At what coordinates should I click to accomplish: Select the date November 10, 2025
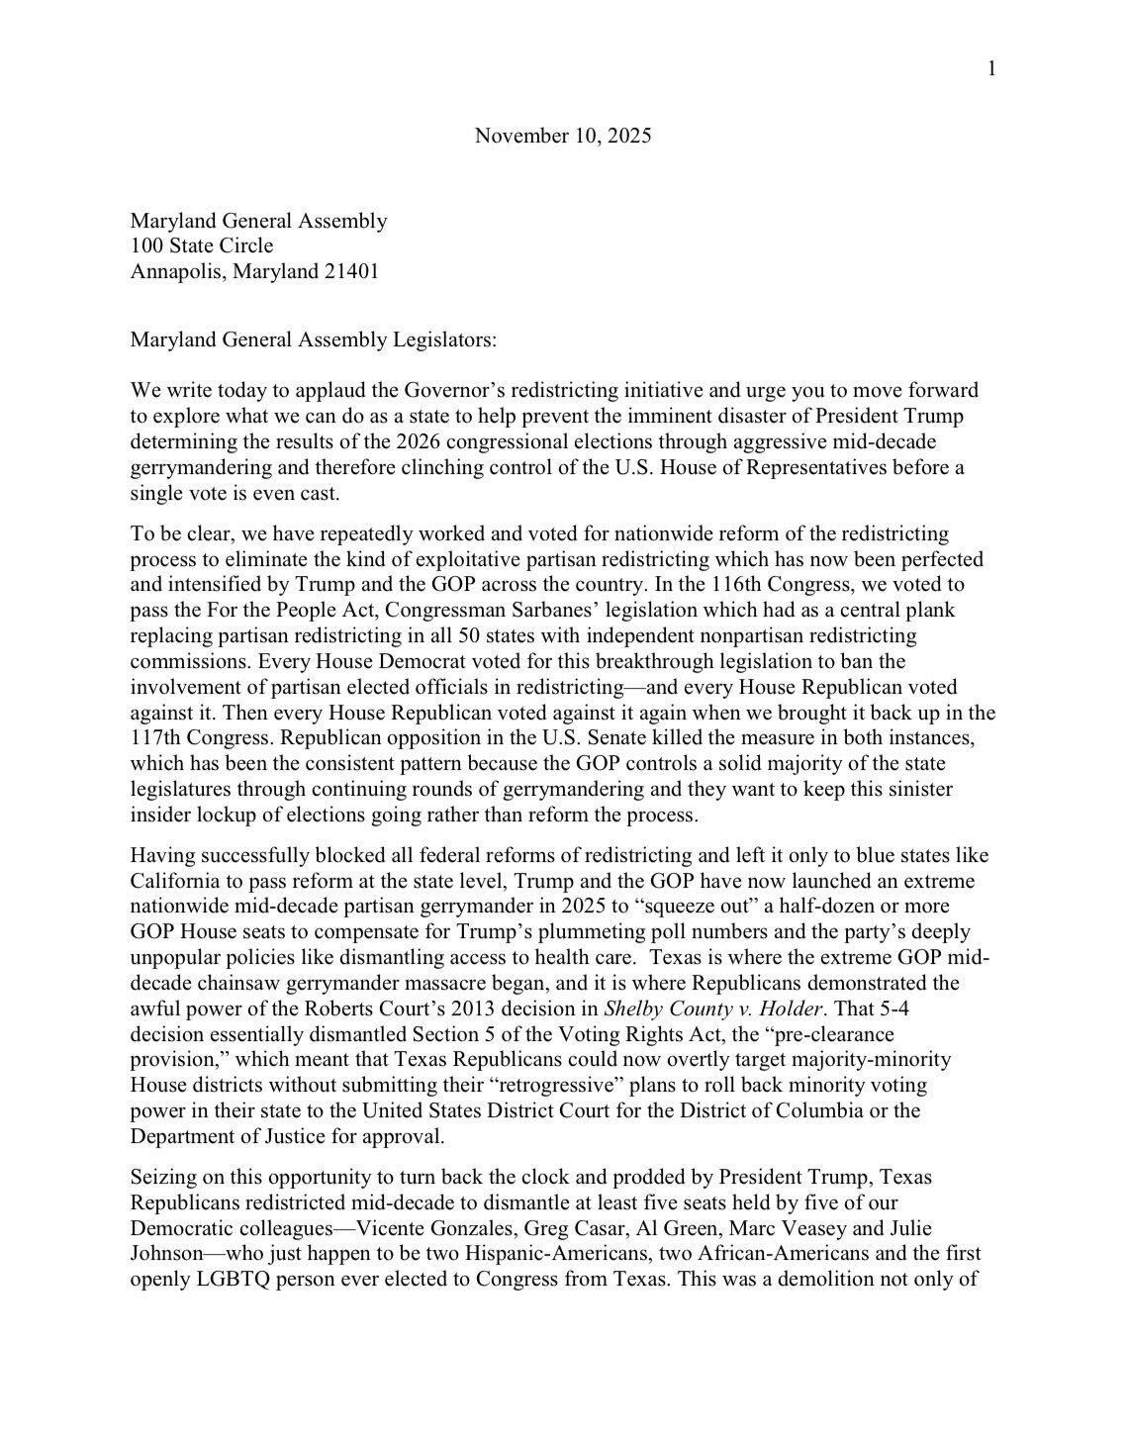tap(563, 136)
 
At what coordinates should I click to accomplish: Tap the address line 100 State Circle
tap(202, 245)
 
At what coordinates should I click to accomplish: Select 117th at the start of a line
tap(158, 737)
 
